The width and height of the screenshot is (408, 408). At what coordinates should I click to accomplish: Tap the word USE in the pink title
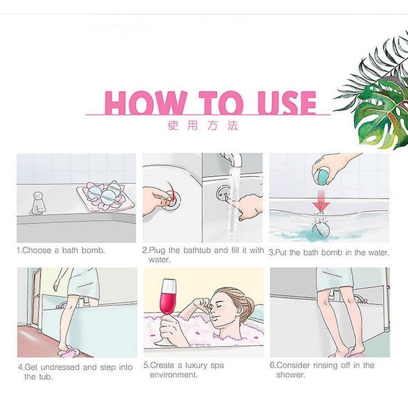click(x=287, y=103)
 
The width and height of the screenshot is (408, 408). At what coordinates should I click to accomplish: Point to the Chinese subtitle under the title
click(x=203, y=125)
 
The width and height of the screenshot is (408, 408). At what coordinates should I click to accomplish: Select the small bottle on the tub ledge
click(x=39, y=203)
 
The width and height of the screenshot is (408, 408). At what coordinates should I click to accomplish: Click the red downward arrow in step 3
click(x=322, y=201)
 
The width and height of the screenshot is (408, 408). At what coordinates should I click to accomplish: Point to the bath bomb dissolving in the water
click(x=320, y=230)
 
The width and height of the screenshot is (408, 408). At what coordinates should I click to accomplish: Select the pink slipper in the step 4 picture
click(x=67, y=352)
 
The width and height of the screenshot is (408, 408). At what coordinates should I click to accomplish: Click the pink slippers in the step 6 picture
click(x=348, y=354)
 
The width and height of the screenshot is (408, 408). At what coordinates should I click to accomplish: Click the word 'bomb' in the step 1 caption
click(x=93, y=250)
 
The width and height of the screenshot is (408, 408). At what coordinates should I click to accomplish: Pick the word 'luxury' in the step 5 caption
click(x=197, y=366)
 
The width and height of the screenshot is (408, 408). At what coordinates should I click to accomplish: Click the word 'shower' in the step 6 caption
click(x=290, y=375)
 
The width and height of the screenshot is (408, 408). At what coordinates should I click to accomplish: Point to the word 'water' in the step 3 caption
click(x=378, y=252)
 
